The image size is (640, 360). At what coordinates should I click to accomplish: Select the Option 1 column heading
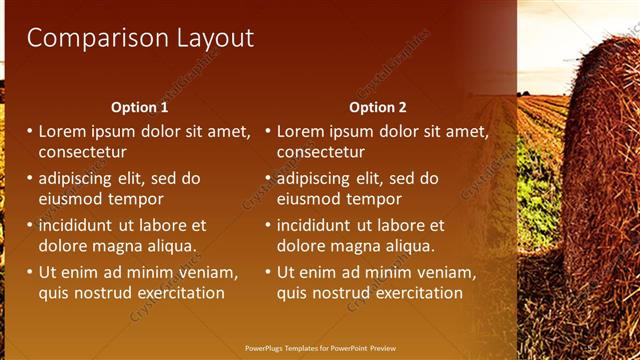click(140, 107)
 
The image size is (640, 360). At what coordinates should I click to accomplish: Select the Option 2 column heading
click(378, 107)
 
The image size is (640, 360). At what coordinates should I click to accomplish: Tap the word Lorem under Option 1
click(63, 131)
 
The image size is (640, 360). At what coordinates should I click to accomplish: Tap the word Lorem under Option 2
click(301, 131)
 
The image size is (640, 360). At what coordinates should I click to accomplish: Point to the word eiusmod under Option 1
click(71, 199)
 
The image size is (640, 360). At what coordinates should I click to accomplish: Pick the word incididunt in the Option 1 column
click(83, 226)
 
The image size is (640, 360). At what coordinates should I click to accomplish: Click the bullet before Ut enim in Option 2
click(268, 273)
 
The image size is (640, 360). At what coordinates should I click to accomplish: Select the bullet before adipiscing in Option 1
click(30, 179)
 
